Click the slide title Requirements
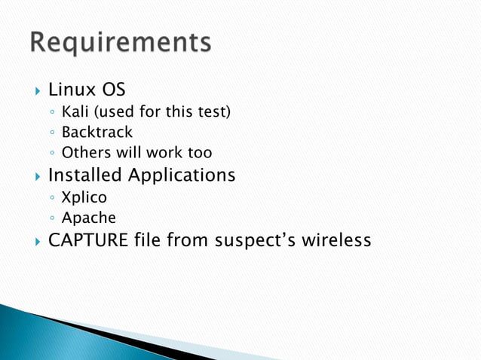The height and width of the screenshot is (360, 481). pos(121,42)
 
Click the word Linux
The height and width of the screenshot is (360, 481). pos(72,91)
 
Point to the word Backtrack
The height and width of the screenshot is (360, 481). pos(97,133)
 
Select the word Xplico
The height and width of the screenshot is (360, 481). pos(84,198)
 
